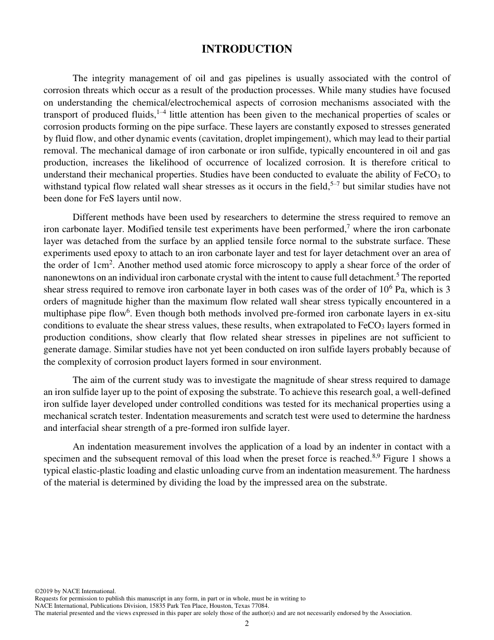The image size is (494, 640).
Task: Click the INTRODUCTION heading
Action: pyautogui.click(x=247, y=49)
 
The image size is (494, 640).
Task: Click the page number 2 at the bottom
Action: pyautogui.click(x=247, y=624)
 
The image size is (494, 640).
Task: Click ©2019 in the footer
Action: pyautogui.click(x=44, y=591)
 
